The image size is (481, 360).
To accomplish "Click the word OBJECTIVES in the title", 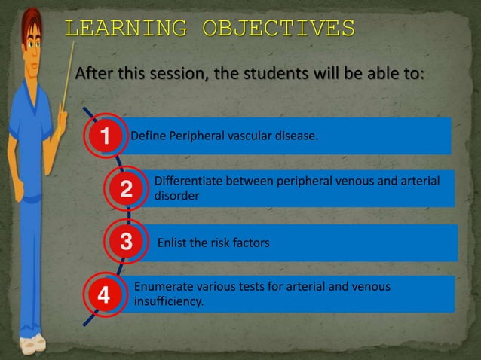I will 278,29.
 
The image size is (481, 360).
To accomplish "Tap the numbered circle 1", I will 106,136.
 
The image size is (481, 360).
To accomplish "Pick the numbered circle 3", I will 126,243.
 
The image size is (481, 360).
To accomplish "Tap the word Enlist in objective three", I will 173,243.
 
